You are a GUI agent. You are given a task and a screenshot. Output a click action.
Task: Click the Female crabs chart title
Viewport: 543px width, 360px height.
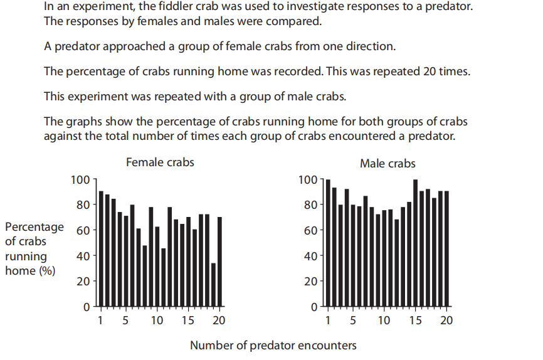[160, 162]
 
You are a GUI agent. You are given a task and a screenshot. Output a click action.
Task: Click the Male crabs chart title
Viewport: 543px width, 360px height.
[387, 164]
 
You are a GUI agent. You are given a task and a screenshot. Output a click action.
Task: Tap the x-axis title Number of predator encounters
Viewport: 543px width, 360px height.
[273, 346]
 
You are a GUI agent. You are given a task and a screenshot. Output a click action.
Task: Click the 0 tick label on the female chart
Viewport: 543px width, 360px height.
[87, 307]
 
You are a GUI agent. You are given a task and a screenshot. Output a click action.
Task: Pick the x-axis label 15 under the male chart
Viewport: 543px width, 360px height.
[416, 320]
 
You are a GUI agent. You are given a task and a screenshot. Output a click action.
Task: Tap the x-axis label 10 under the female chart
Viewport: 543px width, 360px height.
[157, 320]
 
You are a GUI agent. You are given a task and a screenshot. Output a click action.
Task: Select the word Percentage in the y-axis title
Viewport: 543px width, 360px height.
[34, 227]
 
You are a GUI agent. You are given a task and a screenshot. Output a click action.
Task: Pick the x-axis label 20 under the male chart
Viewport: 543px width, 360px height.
[446, 320]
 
